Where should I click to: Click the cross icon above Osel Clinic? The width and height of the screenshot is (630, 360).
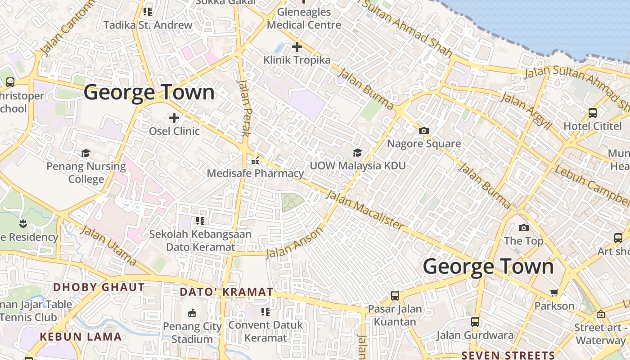tap(174, 118)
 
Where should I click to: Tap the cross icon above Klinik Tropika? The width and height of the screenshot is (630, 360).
tap(297, 46)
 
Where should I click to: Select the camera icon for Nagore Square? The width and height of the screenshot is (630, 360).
tap(423, 131)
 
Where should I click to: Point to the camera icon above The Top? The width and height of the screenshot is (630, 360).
tap(523, 228)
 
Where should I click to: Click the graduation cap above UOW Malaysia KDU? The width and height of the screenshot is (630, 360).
tap(357, 153)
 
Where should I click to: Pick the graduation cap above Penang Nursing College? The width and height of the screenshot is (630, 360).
tap(86, 153)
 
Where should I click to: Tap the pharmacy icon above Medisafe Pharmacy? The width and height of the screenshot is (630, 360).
tap(255, 160)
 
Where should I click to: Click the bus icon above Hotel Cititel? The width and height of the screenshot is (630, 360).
tap(592, 113)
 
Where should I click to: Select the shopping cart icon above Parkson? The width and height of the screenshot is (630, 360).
tap(554, 293)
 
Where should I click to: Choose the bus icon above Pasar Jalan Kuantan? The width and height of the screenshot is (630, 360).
tap(395, 296)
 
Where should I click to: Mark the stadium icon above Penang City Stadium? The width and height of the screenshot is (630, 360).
tap(192, 313)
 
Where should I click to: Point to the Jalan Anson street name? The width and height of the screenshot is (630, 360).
tap(295, 243)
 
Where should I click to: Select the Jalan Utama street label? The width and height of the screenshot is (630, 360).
tap(108, 245)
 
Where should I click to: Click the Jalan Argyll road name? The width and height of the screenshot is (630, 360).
tap(526, 110)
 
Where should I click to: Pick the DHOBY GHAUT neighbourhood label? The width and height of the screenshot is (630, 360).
tap(99, 287)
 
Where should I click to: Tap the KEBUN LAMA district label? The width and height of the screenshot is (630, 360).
tap(81, 337)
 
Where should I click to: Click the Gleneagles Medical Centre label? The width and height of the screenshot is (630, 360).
tap(304, 18)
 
